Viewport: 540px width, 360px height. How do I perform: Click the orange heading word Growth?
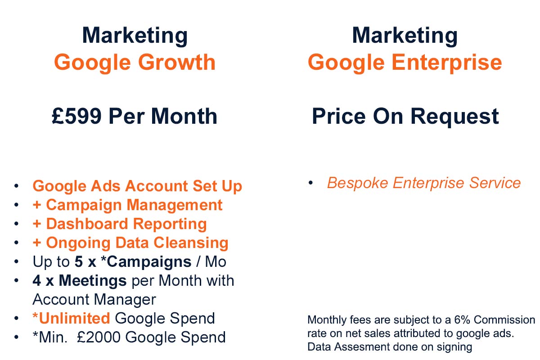pyautogui.click(x=177, y=62)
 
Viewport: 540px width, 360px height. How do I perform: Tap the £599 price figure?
pyautogui.click(x=76, y=116)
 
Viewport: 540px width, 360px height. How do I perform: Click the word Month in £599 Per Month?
pyautogui.click(x=184, y=116)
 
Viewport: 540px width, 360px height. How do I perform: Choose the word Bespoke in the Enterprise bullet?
pyautogui.click(x=357, y=183)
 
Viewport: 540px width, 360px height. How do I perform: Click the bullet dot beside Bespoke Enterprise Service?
pyautogui.click(x=310, y=183)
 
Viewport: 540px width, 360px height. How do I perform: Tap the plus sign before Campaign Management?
pyautogui.click(x=37, y=205)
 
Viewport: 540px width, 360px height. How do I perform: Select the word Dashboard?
pyautogui.click(x=87, y=224)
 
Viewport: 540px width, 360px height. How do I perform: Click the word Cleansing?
pyautogui.click(x=191, y=243)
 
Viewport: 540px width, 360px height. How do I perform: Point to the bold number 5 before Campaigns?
pyautogui.click(x=79, y=261)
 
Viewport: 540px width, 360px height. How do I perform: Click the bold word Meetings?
pyautogui.click(x=93, y=280)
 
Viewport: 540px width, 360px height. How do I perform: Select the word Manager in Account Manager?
pyautogui.click(x=125, y=300)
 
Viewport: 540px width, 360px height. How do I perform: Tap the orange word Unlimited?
pyautogui.click(x=74, y=318)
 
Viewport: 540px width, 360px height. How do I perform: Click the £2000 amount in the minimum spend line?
pyautogui.click(x=99, y=337)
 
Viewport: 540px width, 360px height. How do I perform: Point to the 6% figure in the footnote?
pyautogui.click(x=462, y=320)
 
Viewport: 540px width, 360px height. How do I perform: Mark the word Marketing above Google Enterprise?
pyautogui.click(x=405, y=36)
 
